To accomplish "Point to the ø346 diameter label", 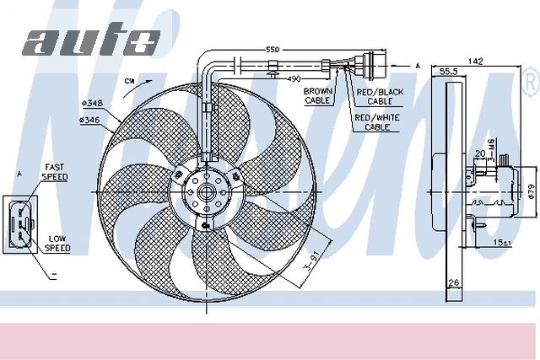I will coord(90,121).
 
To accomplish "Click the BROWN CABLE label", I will coord(318,94).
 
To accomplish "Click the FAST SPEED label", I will coord(57,172).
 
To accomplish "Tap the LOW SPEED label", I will coord(57,244).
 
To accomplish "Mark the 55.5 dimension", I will coord(449,73).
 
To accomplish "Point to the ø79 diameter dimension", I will coord(530,191).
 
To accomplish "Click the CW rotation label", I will coord(128,81).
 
